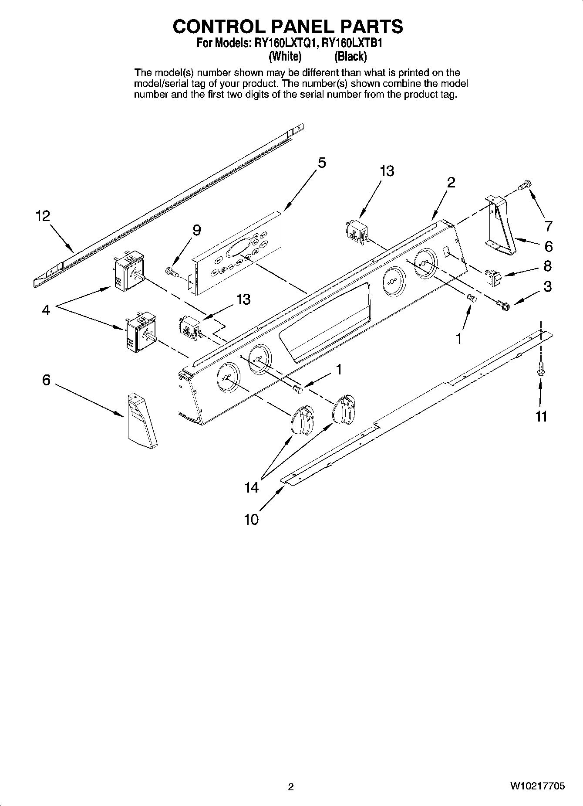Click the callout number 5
coord(321,163)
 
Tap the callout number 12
coord(43,216)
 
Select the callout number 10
coord(251,519)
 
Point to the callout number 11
coord(541,416)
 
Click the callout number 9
coord(197,230)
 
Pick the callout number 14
coord(251,487)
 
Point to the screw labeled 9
coord(171,272)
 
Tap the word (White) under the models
coord(285,56)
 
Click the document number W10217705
coord(538,786)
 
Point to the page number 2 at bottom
coord(291,787)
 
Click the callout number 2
coord(451,182)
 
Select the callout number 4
coord(46,310)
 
